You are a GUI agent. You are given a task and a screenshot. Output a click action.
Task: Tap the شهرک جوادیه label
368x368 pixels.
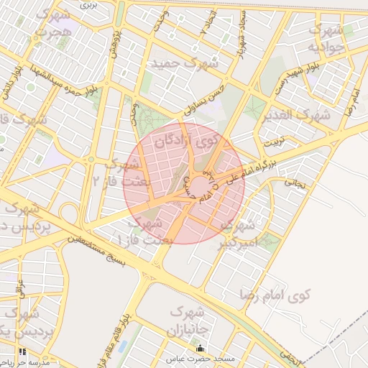324,39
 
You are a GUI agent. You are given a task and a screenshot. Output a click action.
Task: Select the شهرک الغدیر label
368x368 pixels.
295,115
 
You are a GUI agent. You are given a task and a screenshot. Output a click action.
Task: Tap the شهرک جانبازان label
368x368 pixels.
188,322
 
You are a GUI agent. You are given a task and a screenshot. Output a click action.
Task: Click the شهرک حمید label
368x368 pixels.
183,63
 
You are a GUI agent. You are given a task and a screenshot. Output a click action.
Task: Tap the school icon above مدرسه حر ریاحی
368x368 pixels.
22,352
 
